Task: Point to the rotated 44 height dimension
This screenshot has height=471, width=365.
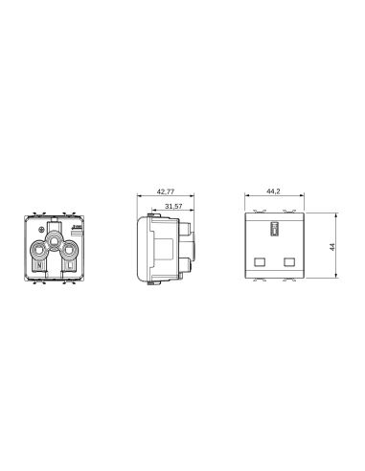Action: [x=330, y=247]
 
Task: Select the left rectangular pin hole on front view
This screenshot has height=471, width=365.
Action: [x=259, y=259]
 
